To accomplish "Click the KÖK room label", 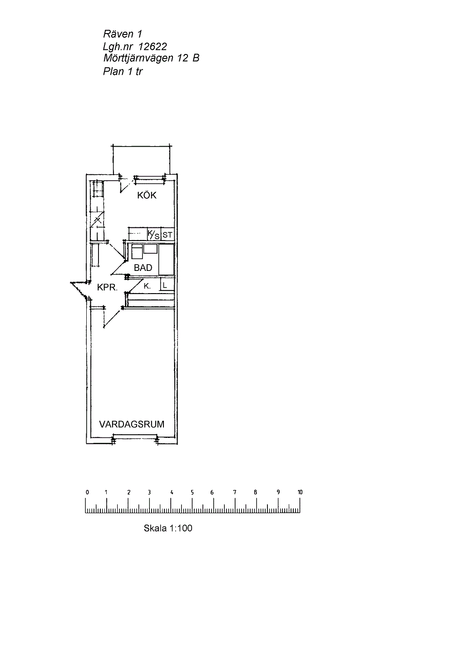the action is point(147,195).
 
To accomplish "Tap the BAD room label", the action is point(143,268).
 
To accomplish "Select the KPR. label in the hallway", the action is point(107,287).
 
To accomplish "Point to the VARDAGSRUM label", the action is point(132,424).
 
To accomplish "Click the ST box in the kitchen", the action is point(168,235).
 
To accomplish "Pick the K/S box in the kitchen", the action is point(153,235).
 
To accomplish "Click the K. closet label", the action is point(147,286).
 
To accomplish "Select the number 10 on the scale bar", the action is point(300,492).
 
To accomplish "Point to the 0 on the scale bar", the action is point(87,492).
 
